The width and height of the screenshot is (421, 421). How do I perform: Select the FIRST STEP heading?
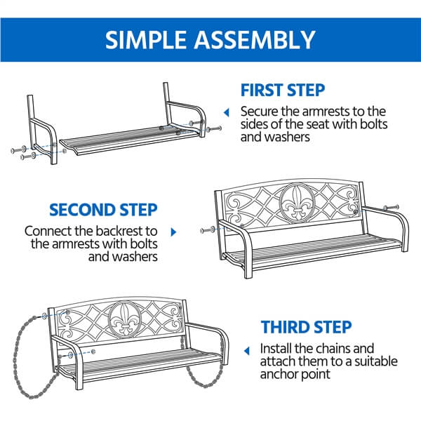point(282,91)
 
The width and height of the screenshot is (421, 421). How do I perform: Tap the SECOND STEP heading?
point(102,210)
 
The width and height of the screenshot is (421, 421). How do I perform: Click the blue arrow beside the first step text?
point(226,112)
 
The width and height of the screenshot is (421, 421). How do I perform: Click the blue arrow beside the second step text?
point(173,231)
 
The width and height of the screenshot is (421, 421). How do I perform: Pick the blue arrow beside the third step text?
point(246,349)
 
